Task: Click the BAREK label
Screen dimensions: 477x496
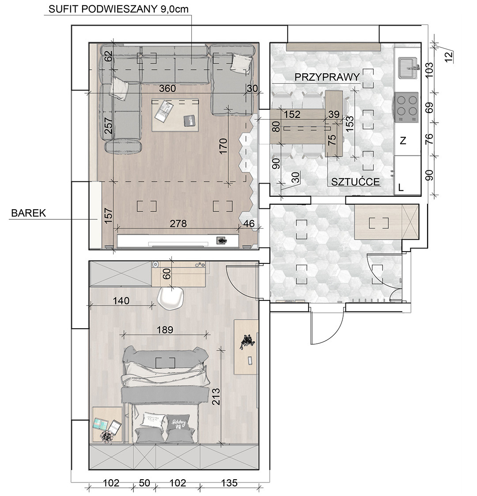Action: coord(28,213)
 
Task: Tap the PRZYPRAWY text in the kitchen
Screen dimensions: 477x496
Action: coord(327,77)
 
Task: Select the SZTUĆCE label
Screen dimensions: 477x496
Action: coord(356,181)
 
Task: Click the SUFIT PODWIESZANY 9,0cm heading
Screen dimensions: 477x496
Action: coord(118,9)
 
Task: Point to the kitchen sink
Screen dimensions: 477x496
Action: coord(408,67)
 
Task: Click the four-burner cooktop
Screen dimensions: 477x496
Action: coord(406,107)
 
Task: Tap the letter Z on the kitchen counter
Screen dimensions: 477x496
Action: coord(403,140)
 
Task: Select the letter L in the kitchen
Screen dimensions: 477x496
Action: coord(401,188)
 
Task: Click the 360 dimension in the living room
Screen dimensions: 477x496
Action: coord(167,88)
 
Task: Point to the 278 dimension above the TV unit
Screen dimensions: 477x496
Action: coord(178,224)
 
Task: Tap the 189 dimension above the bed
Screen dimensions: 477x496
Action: coord(165,330)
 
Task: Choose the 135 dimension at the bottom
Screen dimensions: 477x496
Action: coord(229,483)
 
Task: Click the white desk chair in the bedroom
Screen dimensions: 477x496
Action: coord(171,298)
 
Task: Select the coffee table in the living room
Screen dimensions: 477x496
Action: coord(176,115)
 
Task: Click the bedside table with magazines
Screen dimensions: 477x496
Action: coord(107,425)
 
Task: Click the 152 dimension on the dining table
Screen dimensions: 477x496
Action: coord(291,114)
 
